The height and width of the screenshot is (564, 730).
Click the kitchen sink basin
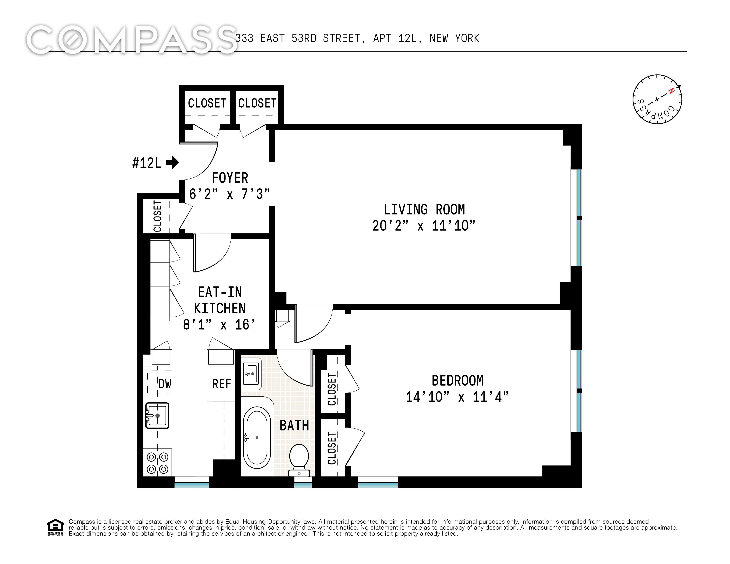coord(157,416)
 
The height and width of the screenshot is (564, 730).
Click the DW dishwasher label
coord(165,384)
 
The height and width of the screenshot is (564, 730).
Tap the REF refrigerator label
coord(222,384)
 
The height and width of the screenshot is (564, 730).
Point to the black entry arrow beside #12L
coord(172,162)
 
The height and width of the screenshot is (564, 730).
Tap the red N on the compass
coord(671,91)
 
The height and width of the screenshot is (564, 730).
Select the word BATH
coord(294,425)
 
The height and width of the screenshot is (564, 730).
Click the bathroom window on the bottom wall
coord(303,482)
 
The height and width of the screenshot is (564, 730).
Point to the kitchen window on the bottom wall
coord(192,482)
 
